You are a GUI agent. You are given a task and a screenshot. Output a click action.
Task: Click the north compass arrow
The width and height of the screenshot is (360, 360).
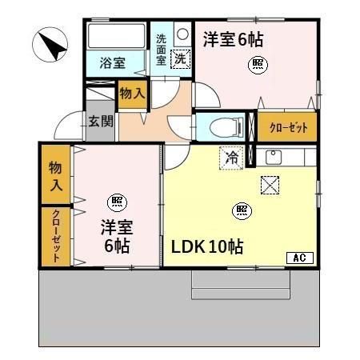[x=50, y=43]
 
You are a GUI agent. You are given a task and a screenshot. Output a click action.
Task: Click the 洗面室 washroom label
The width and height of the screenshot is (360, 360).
[x=161, y=49]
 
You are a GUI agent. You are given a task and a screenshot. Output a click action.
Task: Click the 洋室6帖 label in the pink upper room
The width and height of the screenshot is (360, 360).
[x=233, y=38]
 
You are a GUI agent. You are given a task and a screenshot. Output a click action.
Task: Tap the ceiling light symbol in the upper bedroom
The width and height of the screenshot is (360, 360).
[x=257, y=63]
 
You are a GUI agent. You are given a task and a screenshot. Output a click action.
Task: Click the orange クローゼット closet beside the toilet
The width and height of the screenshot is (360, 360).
[x=287, y=126]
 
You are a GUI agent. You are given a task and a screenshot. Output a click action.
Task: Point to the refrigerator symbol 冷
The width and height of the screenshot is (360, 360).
[x=230, y=158]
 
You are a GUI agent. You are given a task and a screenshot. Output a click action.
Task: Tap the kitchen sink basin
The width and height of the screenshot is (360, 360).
[x=272, y=156]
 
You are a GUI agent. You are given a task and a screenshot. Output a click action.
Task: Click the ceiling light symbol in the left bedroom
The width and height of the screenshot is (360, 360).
[x=117, y=200]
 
